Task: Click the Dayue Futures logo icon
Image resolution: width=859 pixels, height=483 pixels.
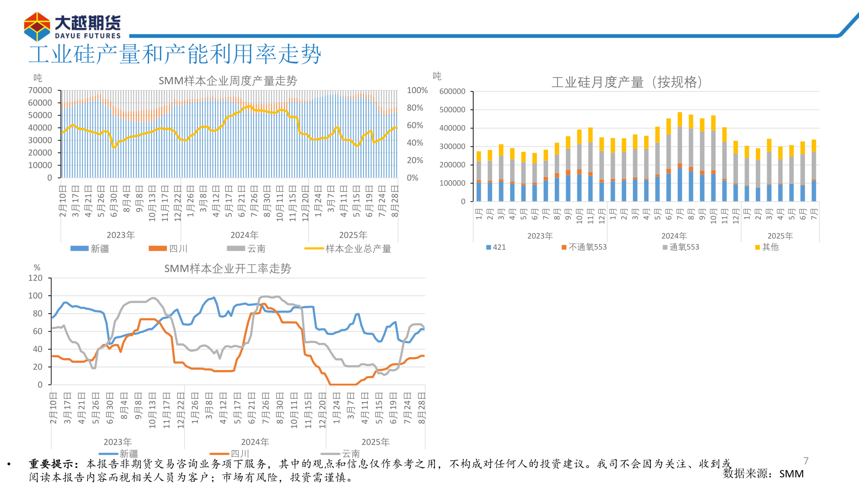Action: pos(37,26)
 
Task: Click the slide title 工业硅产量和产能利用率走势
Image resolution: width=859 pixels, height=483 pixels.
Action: pos(175,54)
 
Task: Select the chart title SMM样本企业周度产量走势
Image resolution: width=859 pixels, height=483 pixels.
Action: pos(228,81)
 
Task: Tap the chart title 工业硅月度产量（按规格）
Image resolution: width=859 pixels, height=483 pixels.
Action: pos(627,82)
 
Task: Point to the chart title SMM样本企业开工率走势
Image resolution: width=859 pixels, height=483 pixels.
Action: pos(228,269)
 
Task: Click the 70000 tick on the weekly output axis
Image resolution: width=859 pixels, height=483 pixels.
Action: pos(40,90)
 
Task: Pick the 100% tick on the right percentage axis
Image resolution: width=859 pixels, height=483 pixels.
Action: pos(417,90)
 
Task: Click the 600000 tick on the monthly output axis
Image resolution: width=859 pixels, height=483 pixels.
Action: pos(452,91)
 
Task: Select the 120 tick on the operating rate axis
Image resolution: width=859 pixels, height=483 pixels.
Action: pos(35,278)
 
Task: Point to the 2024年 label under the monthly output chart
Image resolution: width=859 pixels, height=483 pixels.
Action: pos(673,236)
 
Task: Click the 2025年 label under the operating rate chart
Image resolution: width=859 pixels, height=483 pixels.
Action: pos(375,442)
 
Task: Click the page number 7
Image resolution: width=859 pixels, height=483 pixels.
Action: pos(806,461)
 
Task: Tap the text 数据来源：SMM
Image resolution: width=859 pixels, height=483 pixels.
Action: pos(763,474)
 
